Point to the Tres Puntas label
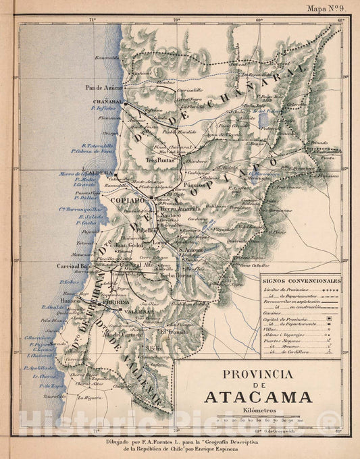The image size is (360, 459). coord(160,161)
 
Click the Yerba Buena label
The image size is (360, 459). coord(175,275)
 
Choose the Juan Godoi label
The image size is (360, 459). coord(126,245)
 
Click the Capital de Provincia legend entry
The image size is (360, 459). coord(284,319)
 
